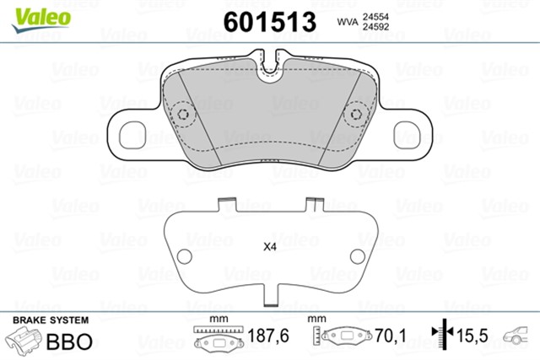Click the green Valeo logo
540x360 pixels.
[41, 19]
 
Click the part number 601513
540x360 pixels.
[270, 22]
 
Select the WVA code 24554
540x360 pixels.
[375, 17]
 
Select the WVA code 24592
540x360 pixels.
[375, 27]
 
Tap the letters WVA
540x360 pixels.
[348, 22]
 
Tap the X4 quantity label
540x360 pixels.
[270, 247]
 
